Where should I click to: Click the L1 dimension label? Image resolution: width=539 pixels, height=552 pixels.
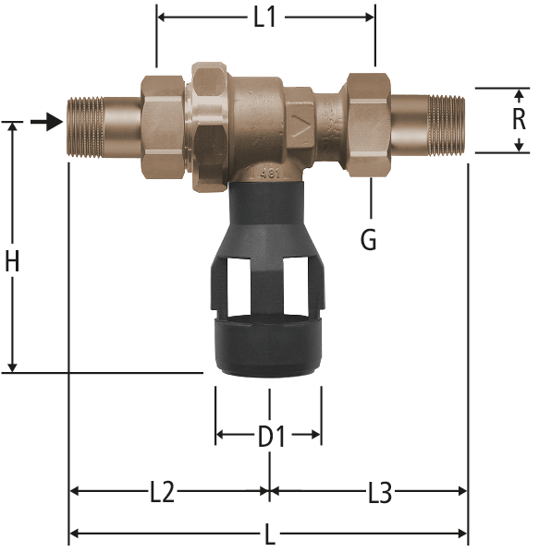point(265,17)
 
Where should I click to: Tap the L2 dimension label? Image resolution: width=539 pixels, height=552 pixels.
point(162,492)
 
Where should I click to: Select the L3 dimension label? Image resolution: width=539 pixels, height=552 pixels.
point(380,493)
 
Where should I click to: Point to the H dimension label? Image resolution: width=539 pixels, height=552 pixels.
point(12,261)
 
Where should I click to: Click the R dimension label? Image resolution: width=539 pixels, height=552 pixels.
point(519,120)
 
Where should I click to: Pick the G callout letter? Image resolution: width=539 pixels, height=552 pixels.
point(369,239)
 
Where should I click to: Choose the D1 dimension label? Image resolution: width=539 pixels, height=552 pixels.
point(272,437)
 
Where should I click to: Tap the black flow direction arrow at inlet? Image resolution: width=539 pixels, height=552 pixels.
point(47,122)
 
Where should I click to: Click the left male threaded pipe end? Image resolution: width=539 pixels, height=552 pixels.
point(85,126)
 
